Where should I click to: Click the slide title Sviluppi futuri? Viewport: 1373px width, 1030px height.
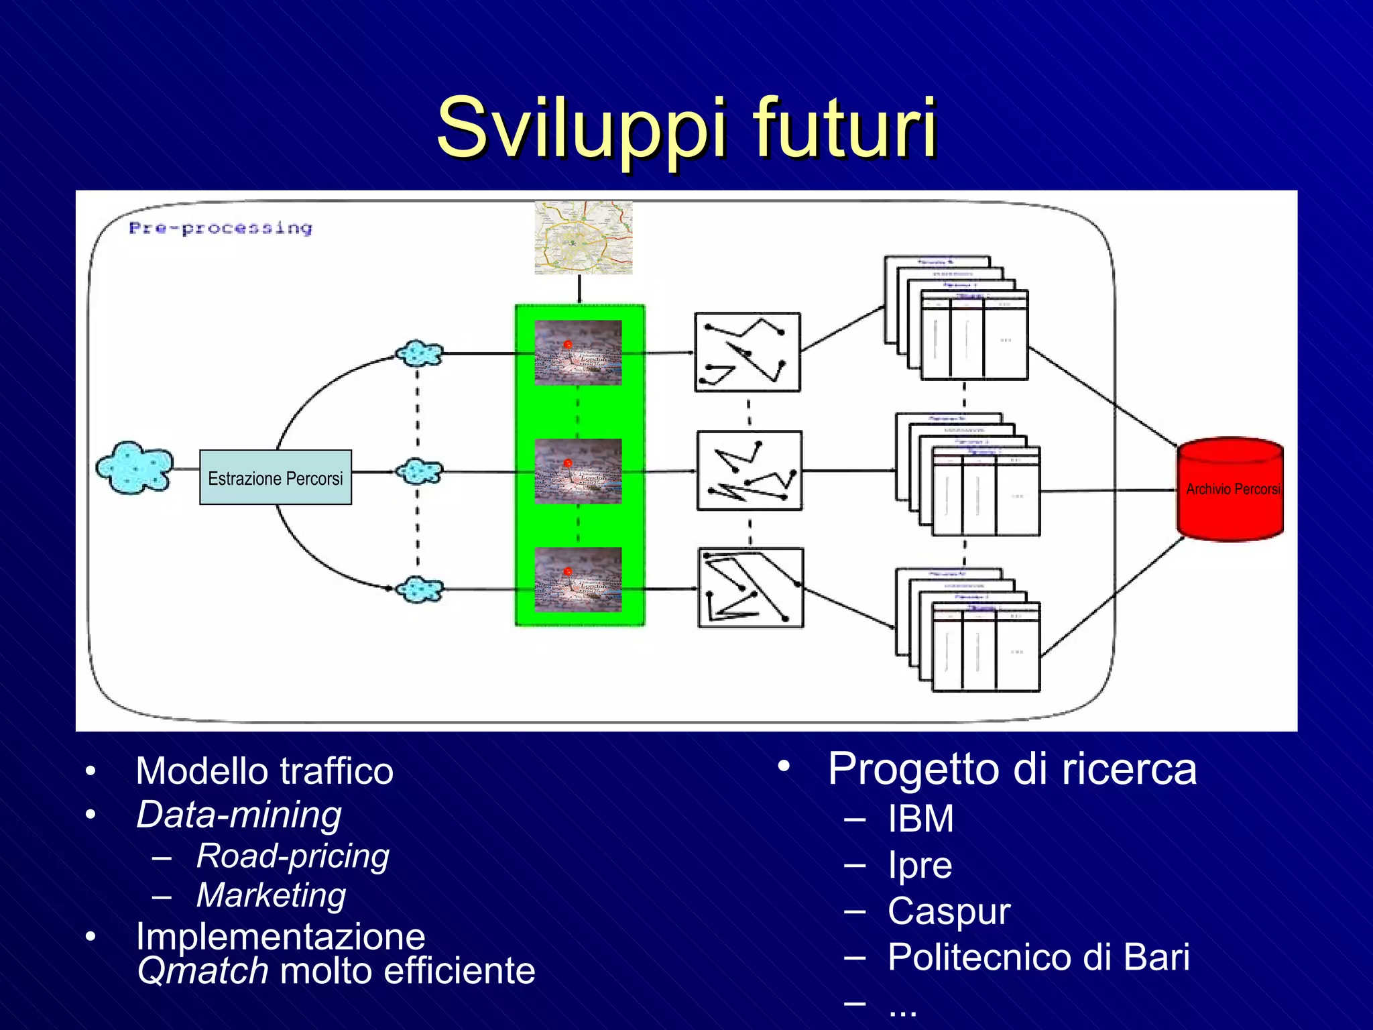click(x=686, y=127)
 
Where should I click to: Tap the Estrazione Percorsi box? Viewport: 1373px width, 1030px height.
click(x=276, y=477)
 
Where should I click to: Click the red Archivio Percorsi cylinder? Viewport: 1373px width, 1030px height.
click(x=1231, y=489)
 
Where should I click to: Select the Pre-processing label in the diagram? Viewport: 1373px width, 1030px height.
click(x=221, y=228)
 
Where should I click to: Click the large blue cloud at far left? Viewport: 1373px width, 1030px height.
click(x=135, y=468)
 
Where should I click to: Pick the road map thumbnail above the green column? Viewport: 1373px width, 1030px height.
click(x=583, y=237)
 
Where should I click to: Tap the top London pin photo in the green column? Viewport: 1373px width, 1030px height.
click(x=578, y=352)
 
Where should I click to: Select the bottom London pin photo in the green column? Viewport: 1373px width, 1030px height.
click(x=578, y=579)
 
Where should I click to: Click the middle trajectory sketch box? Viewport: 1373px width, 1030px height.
click(x=749, y=471)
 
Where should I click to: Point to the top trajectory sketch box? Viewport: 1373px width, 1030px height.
click(x=748, y=352)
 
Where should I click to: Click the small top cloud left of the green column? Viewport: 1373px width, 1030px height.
click(x=419, y=353)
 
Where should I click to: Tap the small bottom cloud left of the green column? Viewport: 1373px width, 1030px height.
click(x=419, y=589)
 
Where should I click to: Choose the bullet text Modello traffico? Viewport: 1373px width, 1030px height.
click(x=264, y=770)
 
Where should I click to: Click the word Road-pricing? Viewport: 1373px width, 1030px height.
click(x=293, y=856)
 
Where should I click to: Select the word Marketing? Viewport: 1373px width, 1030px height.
click(x=272, y=895)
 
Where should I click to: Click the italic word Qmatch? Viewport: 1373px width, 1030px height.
click(x=202, y=971)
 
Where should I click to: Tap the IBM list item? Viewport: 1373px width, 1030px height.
click(x=920, y=819)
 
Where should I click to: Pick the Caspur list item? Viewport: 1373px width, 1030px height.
click(x=949, y=911)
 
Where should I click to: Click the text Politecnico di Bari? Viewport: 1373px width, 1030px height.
click(x=1038, y=957)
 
